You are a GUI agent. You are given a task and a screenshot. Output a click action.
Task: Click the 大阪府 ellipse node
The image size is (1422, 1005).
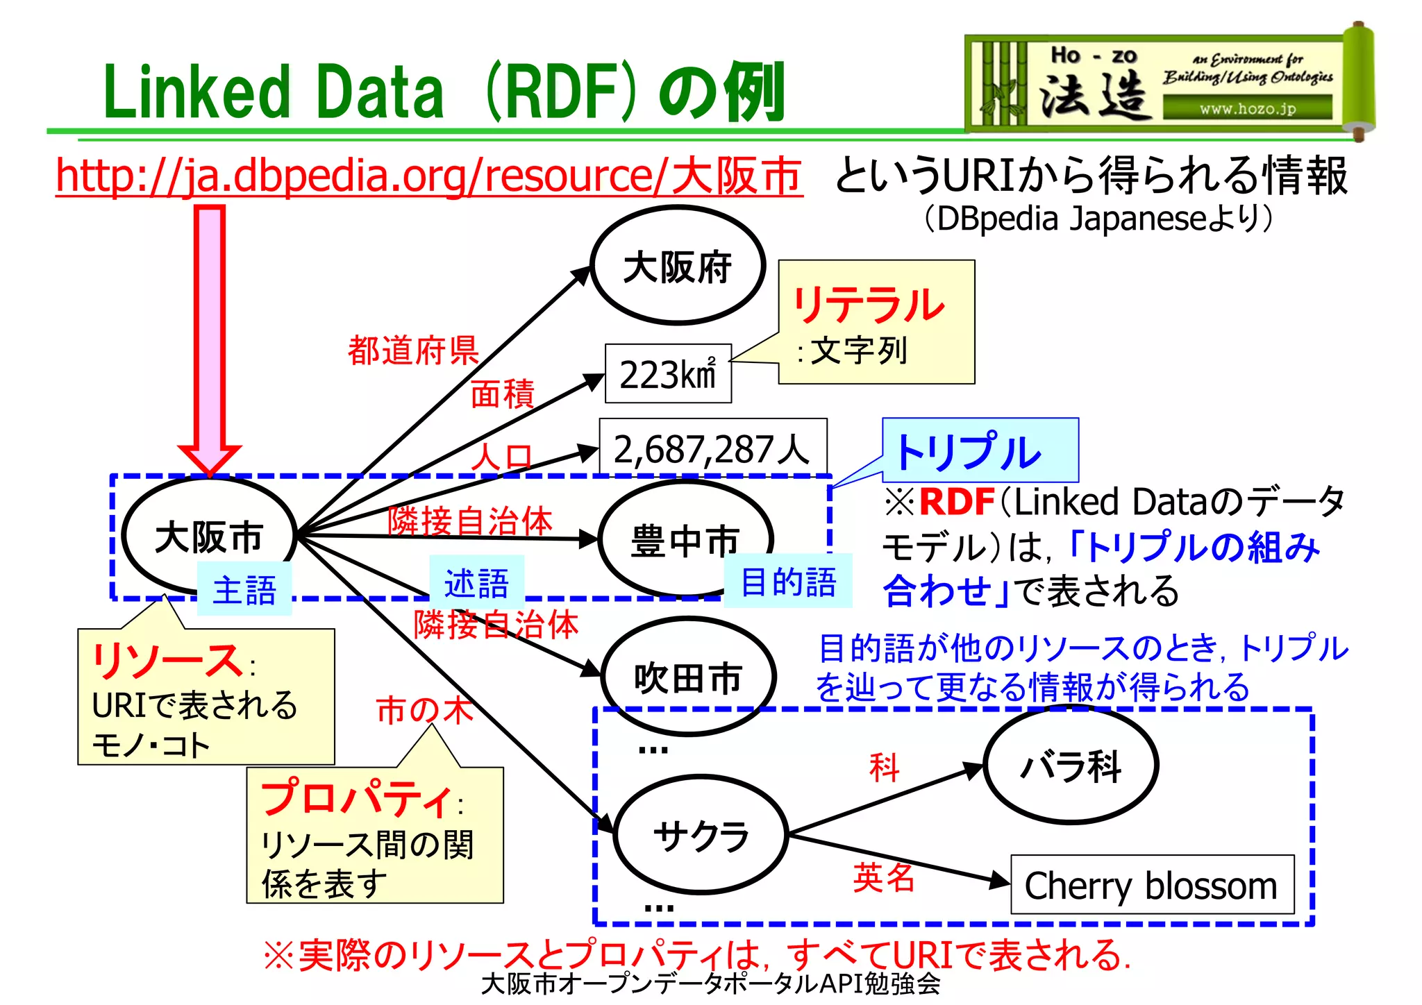click(678, 266)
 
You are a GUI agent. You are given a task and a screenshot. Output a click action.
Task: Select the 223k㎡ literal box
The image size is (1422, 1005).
click(668, 374)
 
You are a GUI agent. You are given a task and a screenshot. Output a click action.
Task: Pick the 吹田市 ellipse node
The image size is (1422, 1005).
click(687, 677)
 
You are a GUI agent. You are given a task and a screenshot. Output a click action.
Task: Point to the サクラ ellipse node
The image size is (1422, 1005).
click(701, 835)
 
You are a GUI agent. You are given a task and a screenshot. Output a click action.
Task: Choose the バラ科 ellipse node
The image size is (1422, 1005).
click(1071, 766)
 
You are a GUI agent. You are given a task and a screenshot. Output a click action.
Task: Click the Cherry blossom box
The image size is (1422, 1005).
click(1151, 885)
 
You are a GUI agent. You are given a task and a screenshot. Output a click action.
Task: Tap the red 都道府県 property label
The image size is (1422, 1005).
click(413, 351)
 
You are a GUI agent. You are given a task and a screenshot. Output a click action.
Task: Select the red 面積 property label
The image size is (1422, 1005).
click(502, 394)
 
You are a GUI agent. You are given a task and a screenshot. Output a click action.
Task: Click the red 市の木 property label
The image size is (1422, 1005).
click(424, 710)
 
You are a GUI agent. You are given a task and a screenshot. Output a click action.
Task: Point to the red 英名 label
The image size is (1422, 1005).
click(883, 877)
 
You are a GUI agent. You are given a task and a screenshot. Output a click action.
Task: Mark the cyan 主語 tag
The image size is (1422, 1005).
click(244, 590)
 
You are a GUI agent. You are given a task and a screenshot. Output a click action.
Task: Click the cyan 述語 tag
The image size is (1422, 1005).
click(476, 583)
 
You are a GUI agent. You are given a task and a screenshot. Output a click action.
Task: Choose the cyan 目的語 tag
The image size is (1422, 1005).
click(788, 582)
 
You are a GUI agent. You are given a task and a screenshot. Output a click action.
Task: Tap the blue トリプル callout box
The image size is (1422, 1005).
click(980, 450)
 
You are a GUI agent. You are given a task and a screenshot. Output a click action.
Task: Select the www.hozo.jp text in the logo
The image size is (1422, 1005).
click(1247, 108)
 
